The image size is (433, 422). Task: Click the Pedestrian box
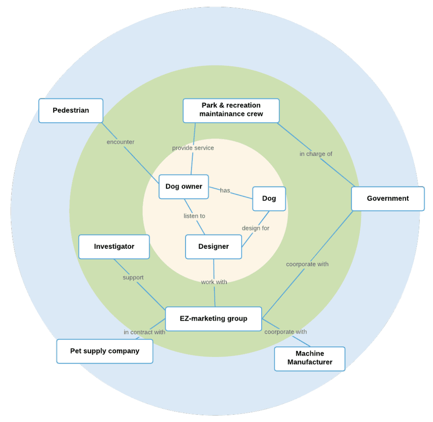click(71, 111)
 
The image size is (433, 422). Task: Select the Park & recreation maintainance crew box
click(231, 110)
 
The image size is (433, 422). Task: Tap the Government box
click(387, 199)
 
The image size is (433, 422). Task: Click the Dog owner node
click(184, 187)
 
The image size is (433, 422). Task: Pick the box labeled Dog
click(269, 199)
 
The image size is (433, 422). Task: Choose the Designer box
click(214, 247)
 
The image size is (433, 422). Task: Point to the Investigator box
click(114, 247)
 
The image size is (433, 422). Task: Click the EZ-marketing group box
click(213, 319)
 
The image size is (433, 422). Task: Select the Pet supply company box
click(104, 351)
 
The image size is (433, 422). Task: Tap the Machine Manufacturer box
click(310, 358)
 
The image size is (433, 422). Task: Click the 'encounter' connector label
click(121, 142)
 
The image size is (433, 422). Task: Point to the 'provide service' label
click(193, 148)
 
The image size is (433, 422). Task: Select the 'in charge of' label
click(316, 154)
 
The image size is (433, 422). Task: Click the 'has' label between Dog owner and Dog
click(225, 191)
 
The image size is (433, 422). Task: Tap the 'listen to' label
click(194, 216)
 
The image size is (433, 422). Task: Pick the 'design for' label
click(255, 228)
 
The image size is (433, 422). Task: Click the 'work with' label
click(214, 282)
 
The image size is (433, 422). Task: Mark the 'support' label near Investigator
click(133, 278)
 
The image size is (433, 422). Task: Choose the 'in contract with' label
click(144, 332)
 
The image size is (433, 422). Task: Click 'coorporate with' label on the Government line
click(307, 264)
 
